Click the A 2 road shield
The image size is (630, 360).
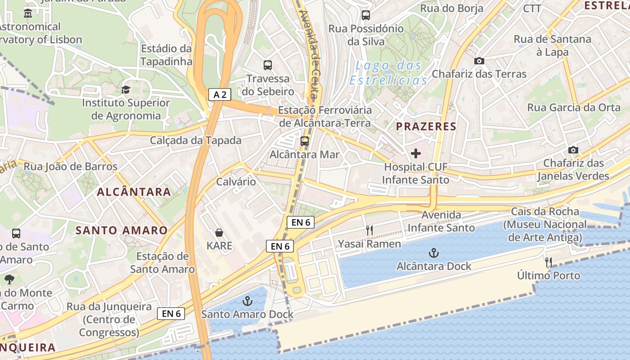click(x=220, y=94)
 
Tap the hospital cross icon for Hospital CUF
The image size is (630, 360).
click(x=416, y=153)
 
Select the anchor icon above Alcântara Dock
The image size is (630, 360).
click(x=434, y=252)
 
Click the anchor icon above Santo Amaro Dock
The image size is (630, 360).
click(x=247, y=301)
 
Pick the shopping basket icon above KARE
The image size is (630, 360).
click(x=219, y=233)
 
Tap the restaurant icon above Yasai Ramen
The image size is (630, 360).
click(x=369, y=230)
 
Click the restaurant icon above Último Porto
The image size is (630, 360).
click(x=548, y=261)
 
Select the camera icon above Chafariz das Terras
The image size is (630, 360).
click(x=479, y=61)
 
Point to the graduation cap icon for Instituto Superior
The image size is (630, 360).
click(x=126, y=90)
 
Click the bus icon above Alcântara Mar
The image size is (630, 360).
click(x=305, y=141)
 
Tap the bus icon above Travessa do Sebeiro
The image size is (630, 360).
click(x=268, y=65)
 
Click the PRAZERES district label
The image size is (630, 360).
click(x=426, y=126)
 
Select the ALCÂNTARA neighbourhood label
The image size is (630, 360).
click(x=134, y=192)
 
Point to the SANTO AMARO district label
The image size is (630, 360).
click(x=121, y=230)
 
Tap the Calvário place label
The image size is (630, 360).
click(x=236, y=182)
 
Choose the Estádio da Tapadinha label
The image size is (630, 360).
click(x=166, y=55)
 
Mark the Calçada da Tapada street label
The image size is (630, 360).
click(x=196, y=140)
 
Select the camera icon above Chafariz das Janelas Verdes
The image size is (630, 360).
click(x=573, y=150)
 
